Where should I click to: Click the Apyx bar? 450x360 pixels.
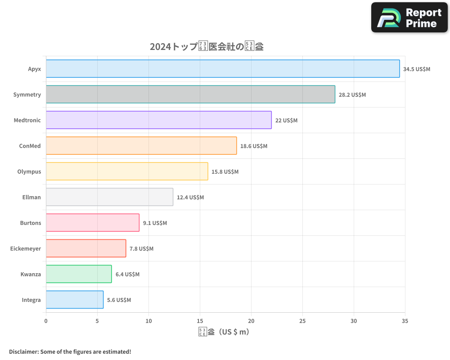click(223, 69)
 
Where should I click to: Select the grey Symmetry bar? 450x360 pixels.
click(190, 94)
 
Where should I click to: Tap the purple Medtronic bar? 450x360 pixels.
click(158, 120)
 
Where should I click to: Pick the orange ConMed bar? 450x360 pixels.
click(141, 146)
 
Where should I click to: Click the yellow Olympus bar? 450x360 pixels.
click(126, 171)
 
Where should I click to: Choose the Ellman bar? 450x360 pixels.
click(109, 197)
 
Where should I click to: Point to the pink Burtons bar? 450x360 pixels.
click(92, 223)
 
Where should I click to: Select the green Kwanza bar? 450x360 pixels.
click(78, 274)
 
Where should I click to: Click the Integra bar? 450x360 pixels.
click(74, 300)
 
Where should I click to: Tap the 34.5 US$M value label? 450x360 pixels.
click(417, 69)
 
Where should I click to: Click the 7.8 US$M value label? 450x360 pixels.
click(141, 249)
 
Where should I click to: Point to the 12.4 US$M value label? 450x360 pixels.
click(190, 198)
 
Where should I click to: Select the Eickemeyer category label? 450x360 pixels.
click(26, 248)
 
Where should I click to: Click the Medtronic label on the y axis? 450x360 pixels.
click(27, 120)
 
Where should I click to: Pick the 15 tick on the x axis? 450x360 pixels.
click(200, 321)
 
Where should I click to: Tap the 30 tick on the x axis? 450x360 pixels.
click(354, 321)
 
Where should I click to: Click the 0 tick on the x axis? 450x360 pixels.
click(46, 321)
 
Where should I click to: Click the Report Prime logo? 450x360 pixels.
click(409, 18)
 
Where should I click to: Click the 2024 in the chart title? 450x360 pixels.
click(160, 47)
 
